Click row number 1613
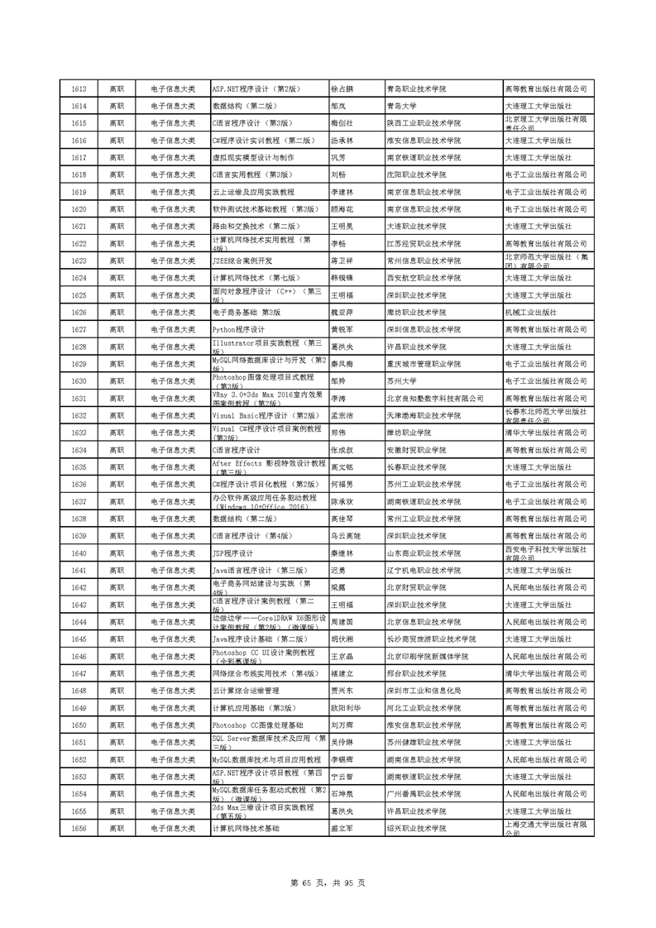click(79, 88)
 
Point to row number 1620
click(79, 209)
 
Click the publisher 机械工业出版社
click(530, 313)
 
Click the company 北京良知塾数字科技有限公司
click(435, 399)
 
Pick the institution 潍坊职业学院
click(409, 433)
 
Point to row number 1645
click(79, 639)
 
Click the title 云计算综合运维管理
click(247, 691)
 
